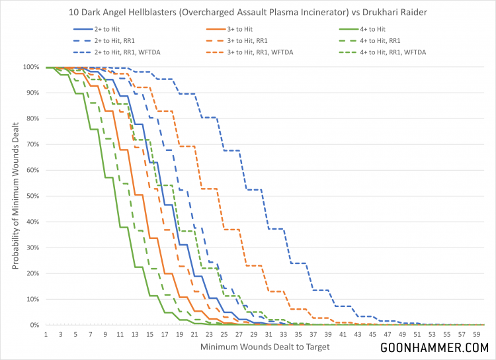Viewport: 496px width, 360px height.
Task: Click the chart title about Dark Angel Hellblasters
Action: tap(248, 11)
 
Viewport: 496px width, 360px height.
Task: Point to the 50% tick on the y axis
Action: tap(31, 196)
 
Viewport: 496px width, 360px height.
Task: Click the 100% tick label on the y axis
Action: tap(30, 67)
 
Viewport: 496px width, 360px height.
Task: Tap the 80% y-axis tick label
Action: tap(31, 118)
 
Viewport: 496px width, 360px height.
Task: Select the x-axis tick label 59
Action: tap(475, 335)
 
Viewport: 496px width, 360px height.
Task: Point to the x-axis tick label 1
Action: tap(46, 335)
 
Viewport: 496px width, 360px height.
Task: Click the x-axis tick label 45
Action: tap(374, 335)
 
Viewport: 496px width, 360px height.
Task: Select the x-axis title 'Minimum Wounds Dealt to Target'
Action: tap(265, 347)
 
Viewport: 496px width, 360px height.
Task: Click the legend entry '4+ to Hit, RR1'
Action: tap(394, 40)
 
